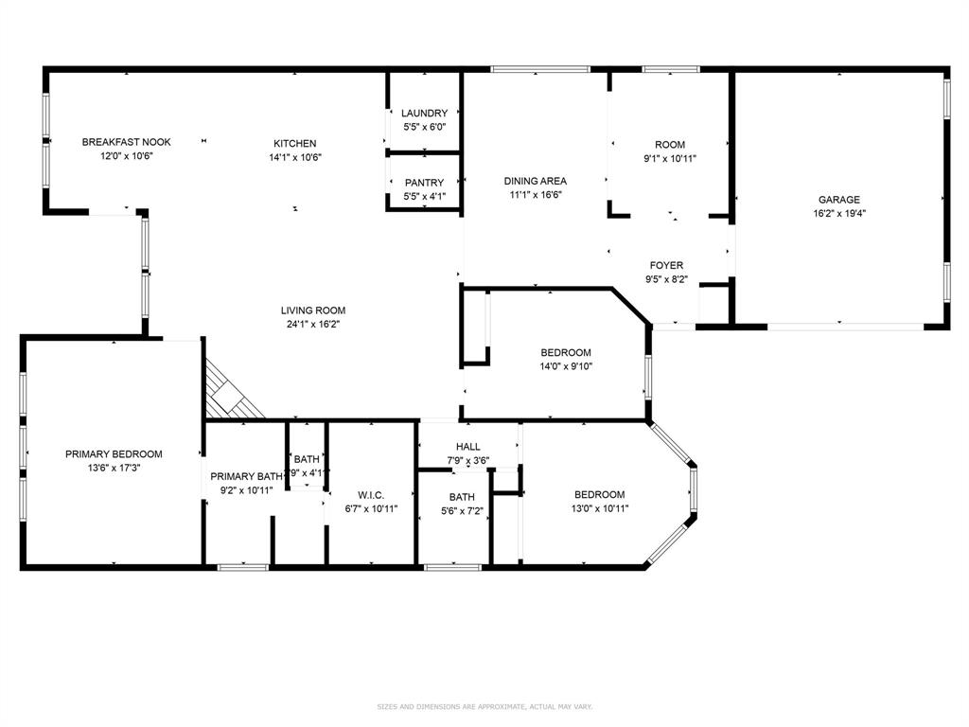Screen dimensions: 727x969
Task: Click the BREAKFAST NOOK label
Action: coord(126,142)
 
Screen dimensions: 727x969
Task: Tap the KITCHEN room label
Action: coord(295,144)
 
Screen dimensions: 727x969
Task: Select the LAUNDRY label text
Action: coord(424,114)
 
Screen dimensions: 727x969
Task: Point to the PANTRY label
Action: coord(424,183)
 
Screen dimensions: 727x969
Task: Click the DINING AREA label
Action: coord(535,181)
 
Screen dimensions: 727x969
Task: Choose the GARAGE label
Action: coord(839,200)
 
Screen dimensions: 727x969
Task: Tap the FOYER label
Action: coord(666,266)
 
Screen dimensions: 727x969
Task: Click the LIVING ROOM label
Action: coord(312,310)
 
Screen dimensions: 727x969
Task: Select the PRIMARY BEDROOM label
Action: coord(114,453)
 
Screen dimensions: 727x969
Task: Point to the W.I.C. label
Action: coord(371,495)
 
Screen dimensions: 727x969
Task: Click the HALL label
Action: coord(467,447)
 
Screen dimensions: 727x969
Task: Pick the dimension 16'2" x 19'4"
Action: coord(839,214)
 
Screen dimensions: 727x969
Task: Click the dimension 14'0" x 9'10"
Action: coord(566,366)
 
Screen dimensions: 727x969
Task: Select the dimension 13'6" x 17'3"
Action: coord(114,468)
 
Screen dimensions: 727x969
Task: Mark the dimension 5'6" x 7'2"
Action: coord(462,511)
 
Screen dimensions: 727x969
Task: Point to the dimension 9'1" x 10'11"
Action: coord(670,158)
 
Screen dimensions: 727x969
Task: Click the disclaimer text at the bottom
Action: coord(484,706)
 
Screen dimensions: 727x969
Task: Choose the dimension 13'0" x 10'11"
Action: coord(599,508)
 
